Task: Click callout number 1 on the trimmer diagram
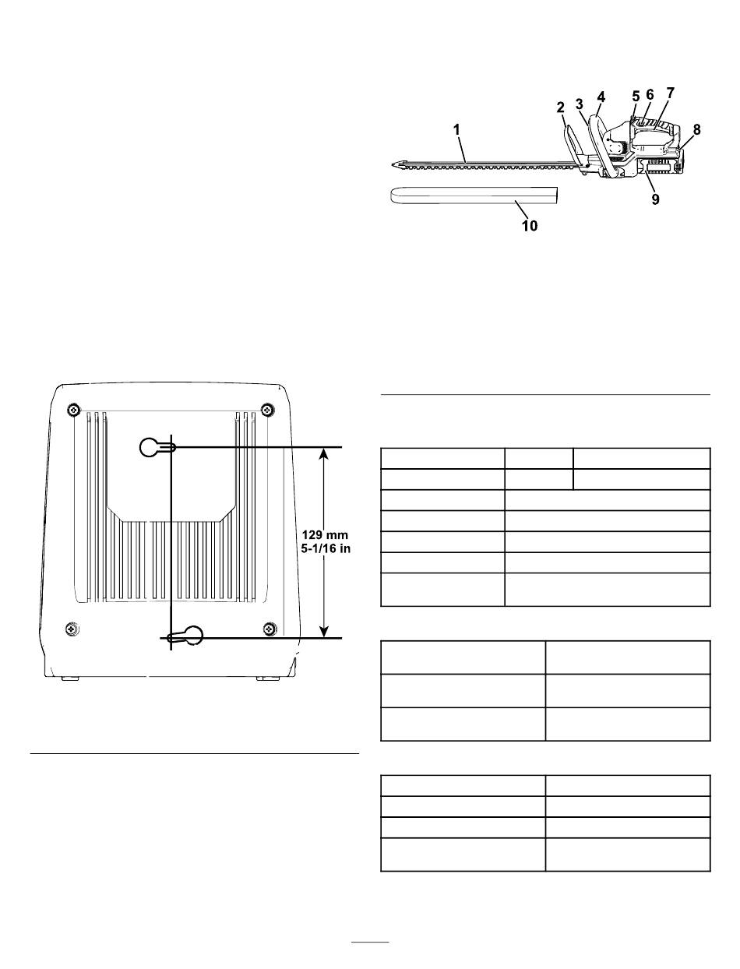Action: click(x=456, y=130)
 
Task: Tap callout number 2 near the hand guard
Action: click(x=560, y=107)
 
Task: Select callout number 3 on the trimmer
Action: click(x=580, y=104)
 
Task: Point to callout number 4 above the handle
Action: click(x=601, y=97)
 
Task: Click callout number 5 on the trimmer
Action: click(x=636, y=97)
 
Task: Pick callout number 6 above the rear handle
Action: click(x=650, y=94)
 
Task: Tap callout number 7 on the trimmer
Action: click(x=670, y=93)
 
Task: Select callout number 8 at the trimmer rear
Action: click(x=696, y=129)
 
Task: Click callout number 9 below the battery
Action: click(x=656, y=199)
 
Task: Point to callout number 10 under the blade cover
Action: click(x=530, y=226)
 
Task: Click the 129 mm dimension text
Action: click(x=325, y=535)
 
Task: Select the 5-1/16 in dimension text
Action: click(x=326, y=549)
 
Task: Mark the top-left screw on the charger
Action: click(x=73, y=411)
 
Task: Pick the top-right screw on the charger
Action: click(x=266, y=411)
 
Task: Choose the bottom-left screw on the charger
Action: click(x=72, y=628)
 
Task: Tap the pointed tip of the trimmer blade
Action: click(x=393, y=164)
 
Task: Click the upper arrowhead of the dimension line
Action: click(x=324, y=455)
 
